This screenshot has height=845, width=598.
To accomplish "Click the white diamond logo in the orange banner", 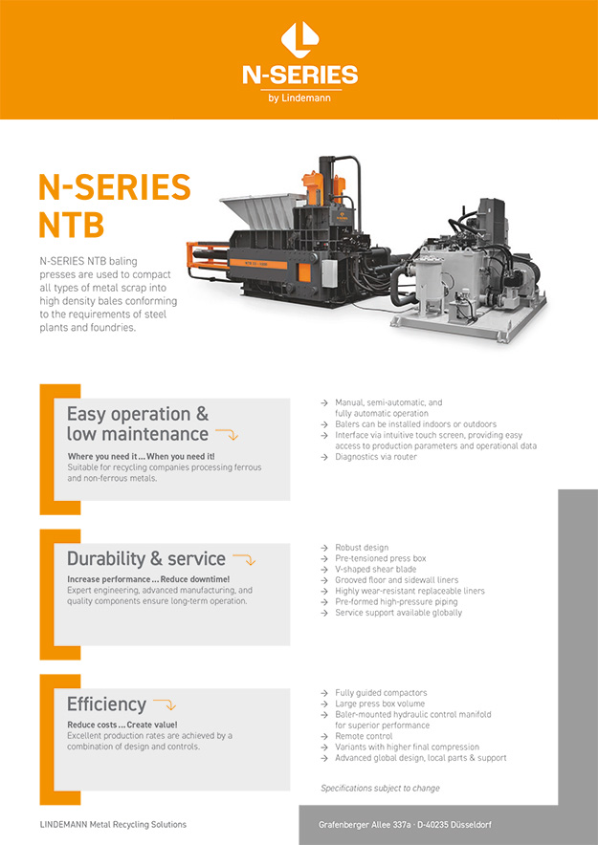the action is (x=299, y=39).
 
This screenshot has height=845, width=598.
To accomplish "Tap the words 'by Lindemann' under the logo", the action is (x=299, y=98).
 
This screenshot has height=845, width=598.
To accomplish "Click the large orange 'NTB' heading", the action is (x=71, y=226).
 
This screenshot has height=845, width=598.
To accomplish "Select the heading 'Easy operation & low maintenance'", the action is (x=138, y=423).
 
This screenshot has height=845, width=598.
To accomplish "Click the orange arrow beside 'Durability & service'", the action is (x=244, y=559).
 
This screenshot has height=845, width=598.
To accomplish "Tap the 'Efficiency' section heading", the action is (x=106, y=704).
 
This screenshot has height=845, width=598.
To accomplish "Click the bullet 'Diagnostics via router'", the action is (x=376, y=457).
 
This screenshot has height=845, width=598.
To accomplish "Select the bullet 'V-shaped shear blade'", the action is (x=375, y=569).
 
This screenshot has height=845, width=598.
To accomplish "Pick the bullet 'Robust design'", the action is (x=362, y=548).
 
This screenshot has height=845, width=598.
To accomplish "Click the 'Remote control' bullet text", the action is (x=364, y=736).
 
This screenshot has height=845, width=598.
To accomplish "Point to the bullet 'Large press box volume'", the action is (x=380, y=704).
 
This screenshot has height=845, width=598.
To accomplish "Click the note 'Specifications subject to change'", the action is (x=380, y=788).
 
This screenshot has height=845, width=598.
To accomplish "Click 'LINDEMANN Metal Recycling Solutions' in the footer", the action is (x=113, y=825).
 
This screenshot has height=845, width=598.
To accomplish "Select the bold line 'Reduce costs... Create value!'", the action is (x=122, y=725).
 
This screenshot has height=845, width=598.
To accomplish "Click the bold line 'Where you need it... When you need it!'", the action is (x=141, y=457).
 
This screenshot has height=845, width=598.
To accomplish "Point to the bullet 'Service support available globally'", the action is (x=398, y=613).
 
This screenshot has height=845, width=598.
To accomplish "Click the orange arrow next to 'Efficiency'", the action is (x=165, y=704).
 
